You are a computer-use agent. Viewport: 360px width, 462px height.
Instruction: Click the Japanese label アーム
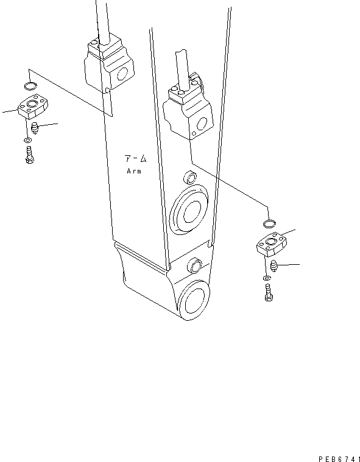coord(136,159)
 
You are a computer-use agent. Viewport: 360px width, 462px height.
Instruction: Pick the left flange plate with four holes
coord(33,107)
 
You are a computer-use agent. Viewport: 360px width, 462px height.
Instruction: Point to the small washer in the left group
coord(29,141)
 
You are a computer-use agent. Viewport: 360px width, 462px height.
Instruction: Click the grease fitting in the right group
coord(273,265)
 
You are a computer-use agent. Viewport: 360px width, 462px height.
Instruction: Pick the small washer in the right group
coord(268,279)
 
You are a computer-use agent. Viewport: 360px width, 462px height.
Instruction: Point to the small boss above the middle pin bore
coord(190,178)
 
